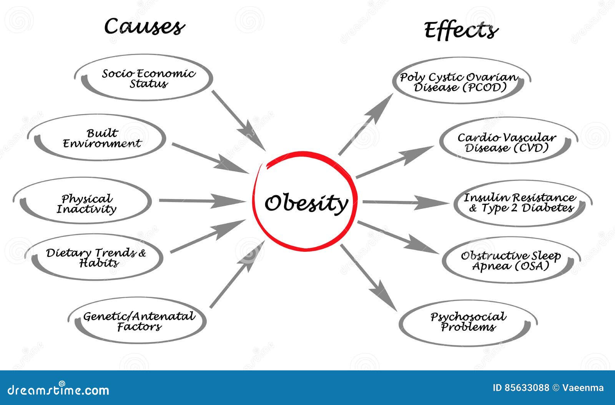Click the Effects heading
(x=461, y=30)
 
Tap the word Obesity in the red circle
(x=306, y=203)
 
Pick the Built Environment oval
(x=102, y=138)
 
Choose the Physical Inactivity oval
(x=87, y=204)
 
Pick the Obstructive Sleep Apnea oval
(x=511, y=260)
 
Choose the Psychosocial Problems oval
(x=468, y=322)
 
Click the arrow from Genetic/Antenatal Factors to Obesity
(x=236, y=275)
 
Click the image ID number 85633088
(x=521, y=388)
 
